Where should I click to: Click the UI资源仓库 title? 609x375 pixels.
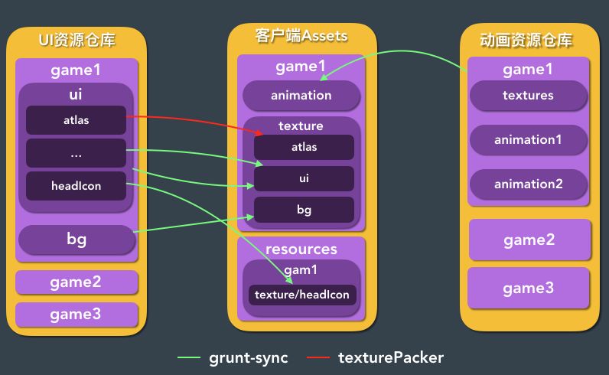coord(77,40)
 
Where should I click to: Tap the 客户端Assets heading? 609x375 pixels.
coord(301,36)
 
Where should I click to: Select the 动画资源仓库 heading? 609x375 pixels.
coord(526,40)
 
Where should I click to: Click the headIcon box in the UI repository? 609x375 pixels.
coord(77,186)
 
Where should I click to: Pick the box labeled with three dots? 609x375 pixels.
coord(77,153)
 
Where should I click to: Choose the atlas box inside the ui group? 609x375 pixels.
coord(77,120)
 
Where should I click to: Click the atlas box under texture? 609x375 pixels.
coord(304,147)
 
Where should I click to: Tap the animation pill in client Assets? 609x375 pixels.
coord(301,95)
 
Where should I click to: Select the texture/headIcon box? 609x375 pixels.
coord(302,295)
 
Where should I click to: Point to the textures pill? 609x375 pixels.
coord(528,95)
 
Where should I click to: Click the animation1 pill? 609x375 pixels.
coord(528,139)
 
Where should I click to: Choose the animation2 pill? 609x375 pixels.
coord(528,184)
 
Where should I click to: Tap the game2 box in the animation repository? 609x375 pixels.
coord(529,240)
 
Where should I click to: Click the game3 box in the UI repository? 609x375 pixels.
coord(77,314)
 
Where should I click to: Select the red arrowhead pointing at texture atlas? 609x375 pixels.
coord(259,133)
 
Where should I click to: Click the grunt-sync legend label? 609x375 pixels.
coord(249,358)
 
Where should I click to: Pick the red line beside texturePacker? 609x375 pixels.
coord(318,357)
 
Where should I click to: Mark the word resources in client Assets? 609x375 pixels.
coord(301,249)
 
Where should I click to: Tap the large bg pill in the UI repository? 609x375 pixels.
coord(77,240)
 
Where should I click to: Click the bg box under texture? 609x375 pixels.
coord(304,210)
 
